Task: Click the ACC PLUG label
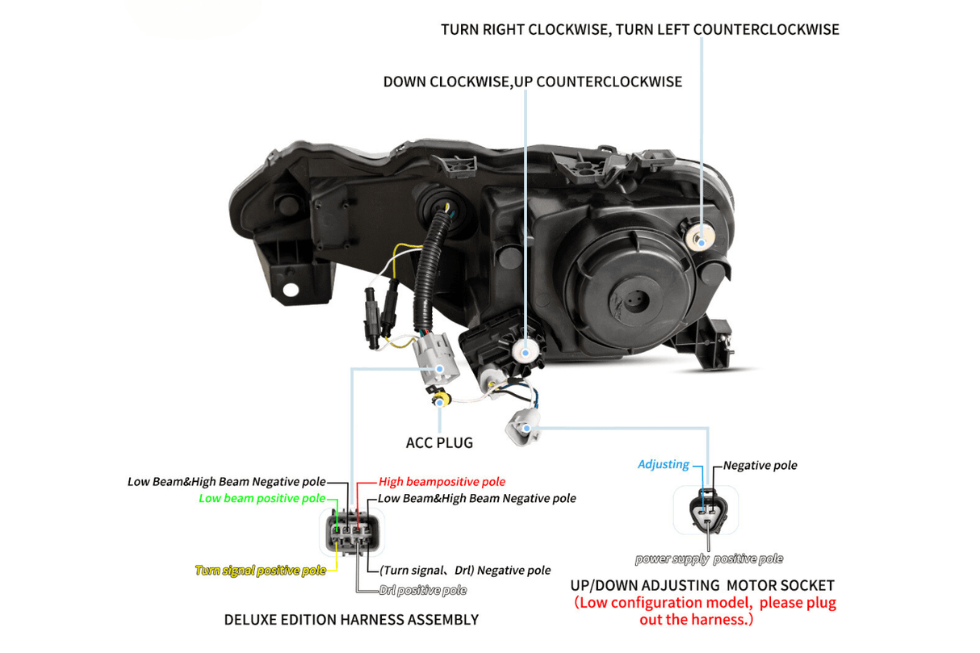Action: click(x=439, y=443)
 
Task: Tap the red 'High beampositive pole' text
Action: click(x=442, y=482)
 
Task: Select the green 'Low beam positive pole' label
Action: click(x=262, y=499)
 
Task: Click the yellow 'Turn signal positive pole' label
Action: click(x=261, y=571)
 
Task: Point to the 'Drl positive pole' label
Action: click(x=422, y=591)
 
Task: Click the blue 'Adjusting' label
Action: click(x=663, y=465)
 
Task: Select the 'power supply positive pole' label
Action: click(x=709, y=559)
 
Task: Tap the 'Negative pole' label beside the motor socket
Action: click(x=760, y=466)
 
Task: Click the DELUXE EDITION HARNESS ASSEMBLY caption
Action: click(x=351, y=620)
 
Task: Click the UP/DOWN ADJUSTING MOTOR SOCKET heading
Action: click(x=702, y=585)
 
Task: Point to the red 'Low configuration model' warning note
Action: click(x=705, y=611)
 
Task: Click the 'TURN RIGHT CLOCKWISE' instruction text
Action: click(x=639, y=30)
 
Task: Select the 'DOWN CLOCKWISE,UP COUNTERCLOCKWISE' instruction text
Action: click(x=532, y=82)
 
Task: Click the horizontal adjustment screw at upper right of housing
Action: click(x=700, y=239)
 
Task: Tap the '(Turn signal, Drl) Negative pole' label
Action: click(x=465, y=571)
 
